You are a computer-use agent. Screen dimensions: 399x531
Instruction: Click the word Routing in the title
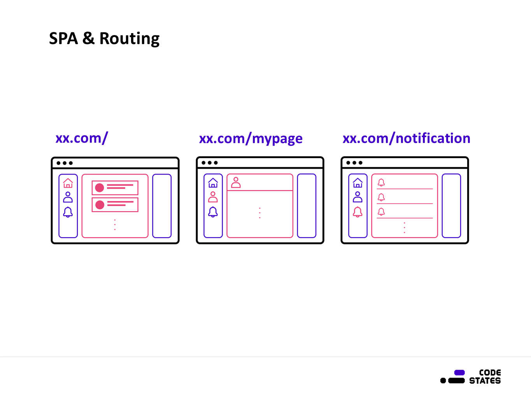130,39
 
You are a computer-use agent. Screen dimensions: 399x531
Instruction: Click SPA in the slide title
63,39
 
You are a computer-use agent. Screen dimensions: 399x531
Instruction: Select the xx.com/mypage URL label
251,138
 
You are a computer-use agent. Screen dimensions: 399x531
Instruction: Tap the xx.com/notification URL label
406,138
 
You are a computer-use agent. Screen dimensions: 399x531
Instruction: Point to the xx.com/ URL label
82,138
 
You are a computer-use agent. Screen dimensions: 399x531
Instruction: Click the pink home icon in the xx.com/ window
68,183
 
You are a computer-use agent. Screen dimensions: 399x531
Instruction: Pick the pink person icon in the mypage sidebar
213,197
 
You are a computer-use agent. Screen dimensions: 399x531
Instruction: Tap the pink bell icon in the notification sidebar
358,212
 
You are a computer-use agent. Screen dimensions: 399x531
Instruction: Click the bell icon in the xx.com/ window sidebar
68,212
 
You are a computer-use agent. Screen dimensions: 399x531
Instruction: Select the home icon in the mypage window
213,183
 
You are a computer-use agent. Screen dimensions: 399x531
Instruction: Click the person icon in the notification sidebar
358,197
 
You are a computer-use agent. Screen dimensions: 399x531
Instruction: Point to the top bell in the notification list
381,182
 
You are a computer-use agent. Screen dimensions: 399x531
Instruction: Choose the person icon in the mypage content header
236,182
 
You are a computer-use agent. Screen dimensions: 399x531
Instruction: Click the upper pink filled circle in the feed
100,188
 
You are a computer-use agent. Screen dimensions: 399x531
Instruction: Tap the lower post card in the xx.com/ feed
115,205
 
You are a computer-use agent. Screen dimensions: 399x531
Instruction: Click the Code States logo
471,377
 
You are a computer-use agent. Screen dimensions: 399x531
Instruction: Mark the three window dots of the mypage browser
210,163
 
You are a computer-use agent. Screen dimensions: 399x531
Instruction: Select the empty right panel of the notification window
451,206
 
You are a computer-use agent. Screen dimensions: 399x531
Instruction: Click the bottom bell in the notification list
381,212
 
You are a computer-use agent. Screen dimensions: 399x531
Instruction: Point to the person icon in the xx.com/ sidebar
68,197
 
